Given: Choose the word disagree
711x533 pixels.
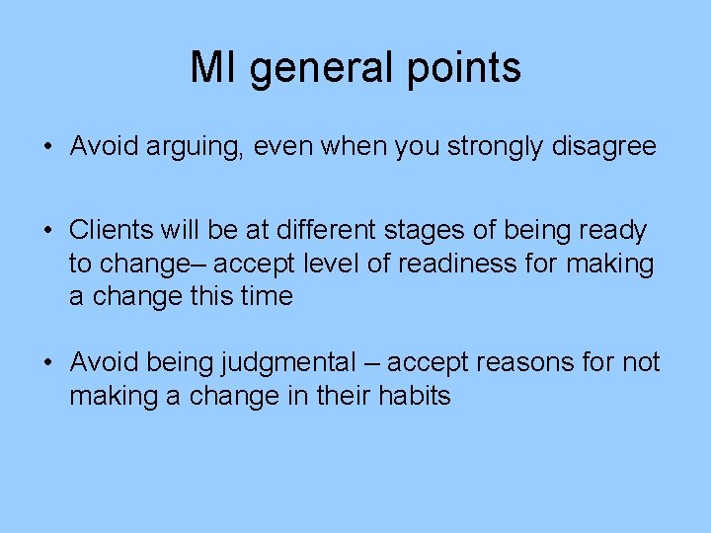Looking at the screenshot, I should point(609,147).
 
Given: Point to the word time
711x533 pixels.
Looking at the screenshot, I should point(265,296).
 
